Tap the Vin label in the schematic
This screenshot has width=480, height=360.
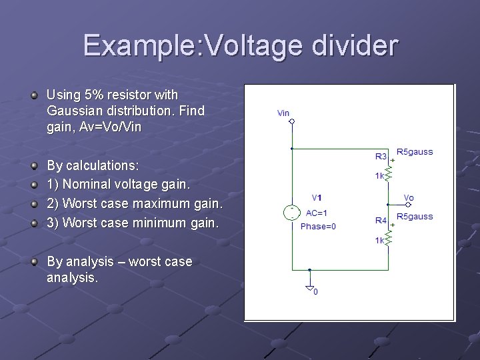tap(283, 113)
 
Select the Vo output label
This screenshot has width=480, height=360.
tap(409, 198)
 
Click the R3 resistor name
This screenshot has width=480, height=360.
tap(381, 157)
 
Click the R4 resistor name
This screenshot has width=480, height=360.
tap(381, 220)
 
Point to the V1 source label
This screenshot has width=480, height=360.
tap(317, 198)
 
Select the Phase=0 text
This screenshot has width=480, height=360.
tap(318, 226)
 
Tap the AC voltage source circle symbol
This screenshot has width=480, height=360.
tap(292, 213)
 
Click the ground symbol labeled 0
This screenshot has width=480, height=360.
tap(310, 289)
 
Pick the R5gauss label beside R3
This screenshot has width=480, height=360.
tap(414, 152)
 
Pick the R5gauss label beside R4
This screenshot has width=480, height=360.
tap(414, 217)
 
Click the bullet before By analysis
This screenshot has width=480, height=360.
tap(34, 261)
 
